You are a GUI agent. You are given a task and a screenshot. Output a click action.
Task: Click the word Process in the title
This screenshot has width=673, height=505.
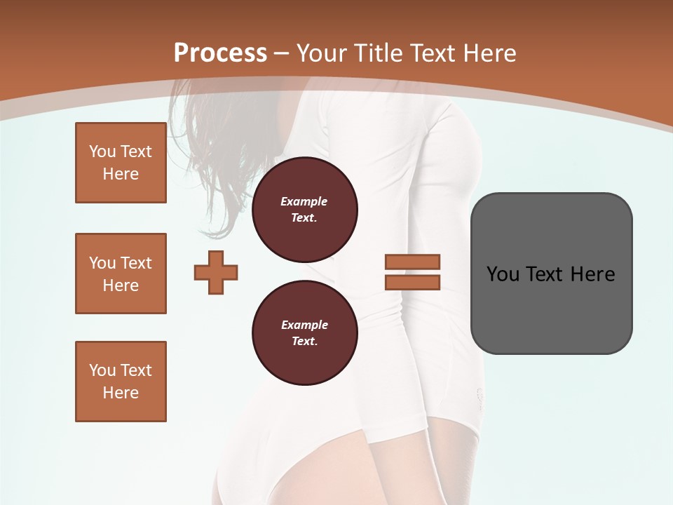pyautogui.click(x=220, y=53)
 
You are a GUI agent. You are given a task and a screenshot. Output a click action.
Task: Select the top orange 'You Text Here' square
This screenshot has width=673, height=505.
pyautogui.click(x=121, y=163)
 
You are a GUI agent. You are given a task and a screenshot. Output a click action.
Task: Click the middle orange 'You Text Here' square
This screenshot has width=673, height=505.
pyautogui.click(x=121, y=274)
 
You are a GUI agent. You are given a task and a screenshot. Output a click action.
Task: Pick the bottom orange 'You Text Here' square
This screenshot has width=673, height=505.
pyautogui.click(x=121, y=382)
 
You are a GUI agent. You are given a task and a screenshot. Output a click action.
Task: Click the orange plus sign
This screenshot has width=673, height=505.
pyautogui.click(x=216, y=272)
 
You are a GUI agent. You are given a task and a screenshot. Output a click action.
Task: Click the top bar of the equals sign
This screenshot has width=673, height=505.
pyautogui.click(x=412, y=262)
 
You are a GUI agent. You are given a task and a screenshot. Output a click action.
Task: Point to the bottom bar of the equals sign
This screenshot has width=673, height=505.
pyautogui.click(x=412, y=283)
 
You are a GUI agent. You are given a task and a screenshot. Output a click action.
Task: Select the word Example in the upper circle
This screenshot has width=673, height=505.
pyautogui.click(x=304, y=201)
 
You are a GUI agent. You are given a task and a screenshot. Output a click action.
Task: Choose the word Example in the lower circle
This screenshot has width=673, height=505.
pyautogui.click(x=304, y=325)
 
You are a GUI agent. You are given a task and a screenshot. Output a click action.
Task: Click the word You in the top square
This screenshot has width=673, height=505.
pyautogui.click(x=102, y=151)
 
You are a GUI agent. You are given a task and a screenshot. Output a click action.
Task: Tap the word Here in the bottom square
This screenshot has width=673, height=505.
pyautogui.click(x=121, y=393)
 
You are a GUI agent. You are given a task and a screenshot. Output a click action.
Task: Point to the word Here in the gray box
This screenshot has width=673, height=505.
pyautogui.click(x=592, y=274)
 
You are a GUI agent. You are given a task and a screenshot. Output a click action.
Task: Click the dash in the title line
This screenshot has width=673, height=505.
pyautogui.click(x=282, y=53)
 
